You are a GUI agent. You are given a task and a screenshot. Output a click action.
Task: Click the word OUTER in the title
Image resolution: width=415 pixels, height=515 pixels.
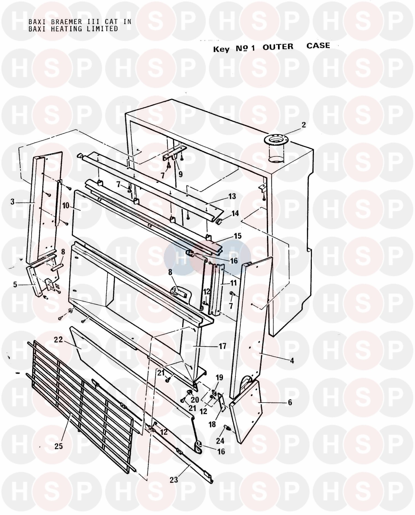point(278,47)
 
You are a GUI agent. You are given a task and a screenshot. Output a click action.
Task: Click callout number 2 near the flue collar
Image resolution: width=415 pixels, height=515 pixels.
point(304,125)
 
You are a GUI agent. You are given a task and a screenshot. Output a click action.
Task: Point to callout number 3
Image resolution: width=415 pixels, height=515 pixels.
point(12,202)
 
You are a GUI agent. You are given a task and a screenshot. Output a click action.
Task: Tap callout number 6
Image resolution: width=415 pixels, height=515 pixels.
point(290,402)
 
